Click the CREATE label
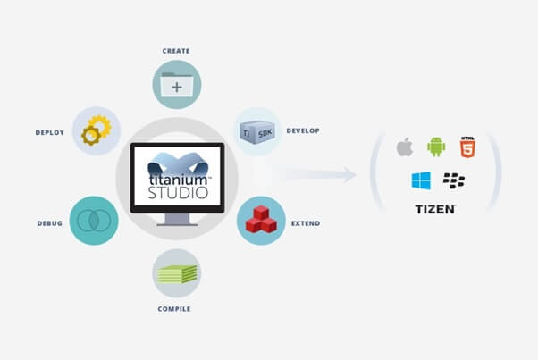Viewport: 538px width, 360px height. click(176, 51)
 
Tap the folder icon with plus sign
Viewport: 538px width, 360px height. click(177, 84)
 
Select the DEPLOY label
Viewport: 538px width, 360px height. click(50, 133)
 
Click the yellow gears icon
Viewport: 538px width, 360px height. click(97, 130)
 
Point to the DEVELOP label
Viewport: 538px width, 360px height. click(303, 130)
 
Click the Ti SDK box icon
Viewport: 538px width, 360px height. click(257, 132)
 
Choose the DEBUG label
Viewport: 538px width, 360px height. click(50, 223)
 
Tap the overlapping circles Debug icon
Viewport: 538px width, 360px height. click(94, 221)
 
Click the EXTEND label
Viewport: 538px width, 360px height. click(306, 223)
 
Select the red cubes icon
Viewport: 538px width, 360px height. click(261, 220)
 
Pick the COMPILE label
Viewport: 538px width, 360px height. click(174, 309)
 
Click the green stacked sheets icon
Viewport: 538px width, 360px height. click(177, 274)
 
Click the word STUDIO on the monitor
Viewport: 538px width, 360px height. click(178, 193)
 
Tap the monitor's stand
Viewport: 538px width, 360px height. click(177, 220)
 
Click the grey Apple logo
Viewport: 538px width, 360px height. click(405, 147)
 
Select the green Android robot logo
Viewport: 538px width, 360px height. click(436, 147)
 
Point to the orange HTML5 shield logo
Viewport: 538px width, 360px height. click(467, 147)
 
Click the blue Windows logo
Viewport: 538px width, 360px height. click(421, 180)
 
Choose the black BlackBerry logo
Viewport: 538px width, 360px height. click(454, 180)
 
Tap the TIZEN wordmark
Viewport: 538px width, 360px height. click(435, 209)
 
